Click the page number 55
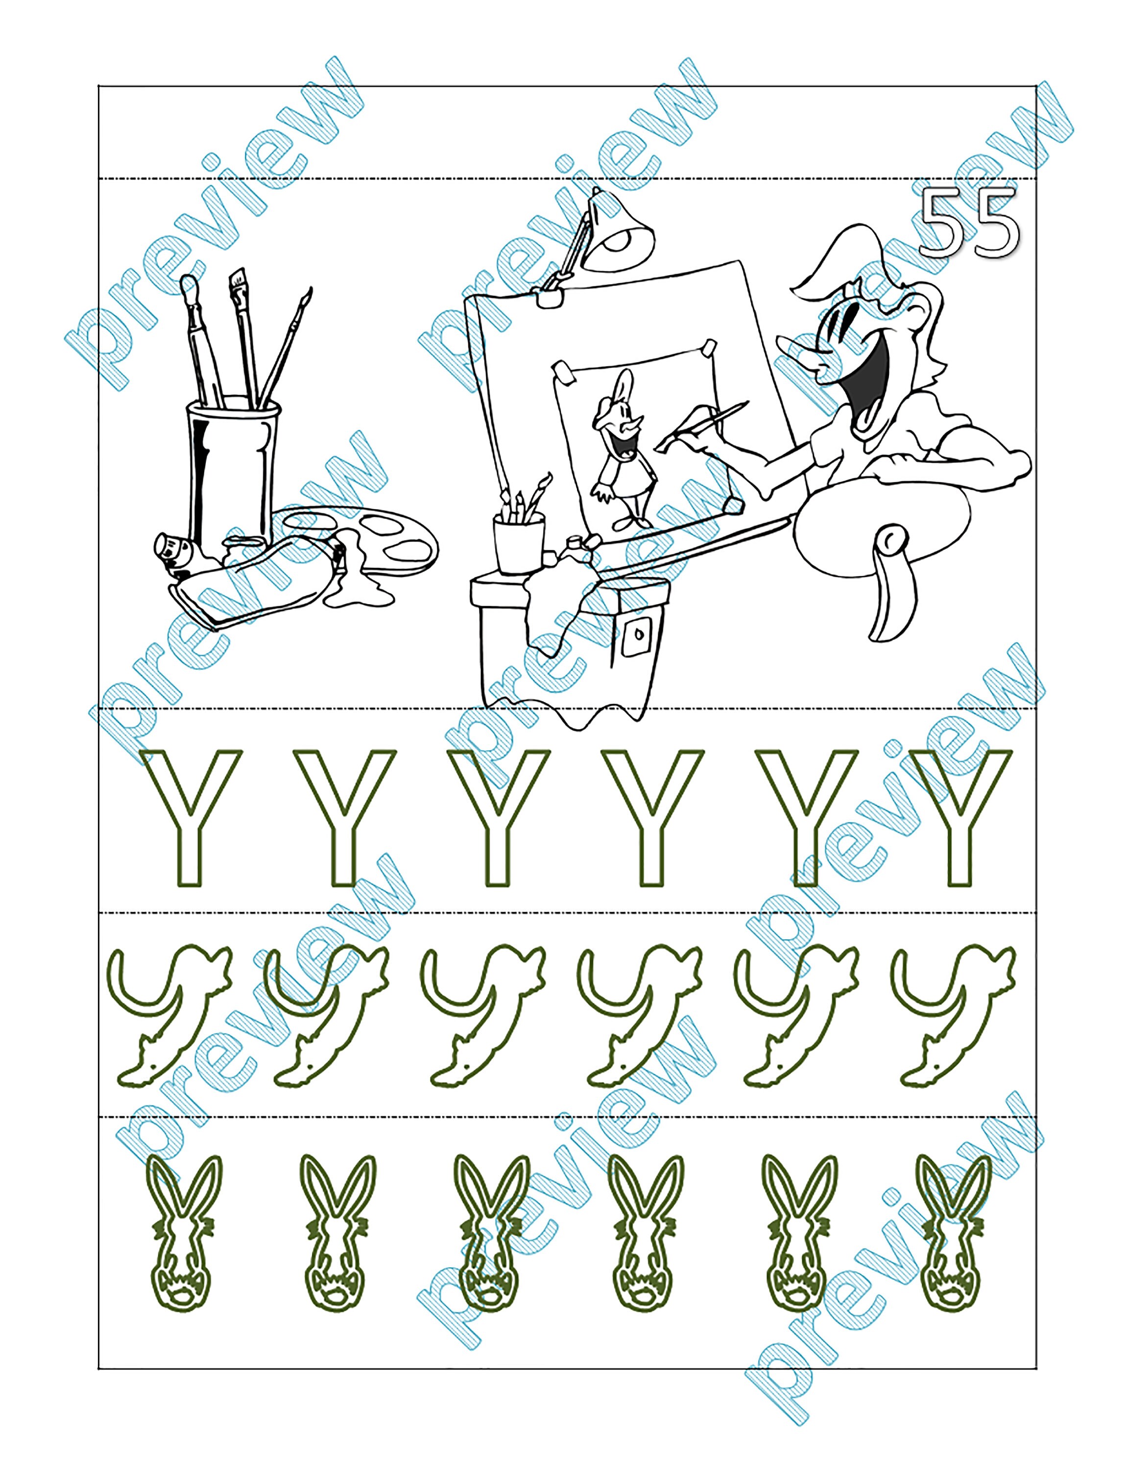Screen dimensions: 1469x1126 (x=970, y=222)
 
